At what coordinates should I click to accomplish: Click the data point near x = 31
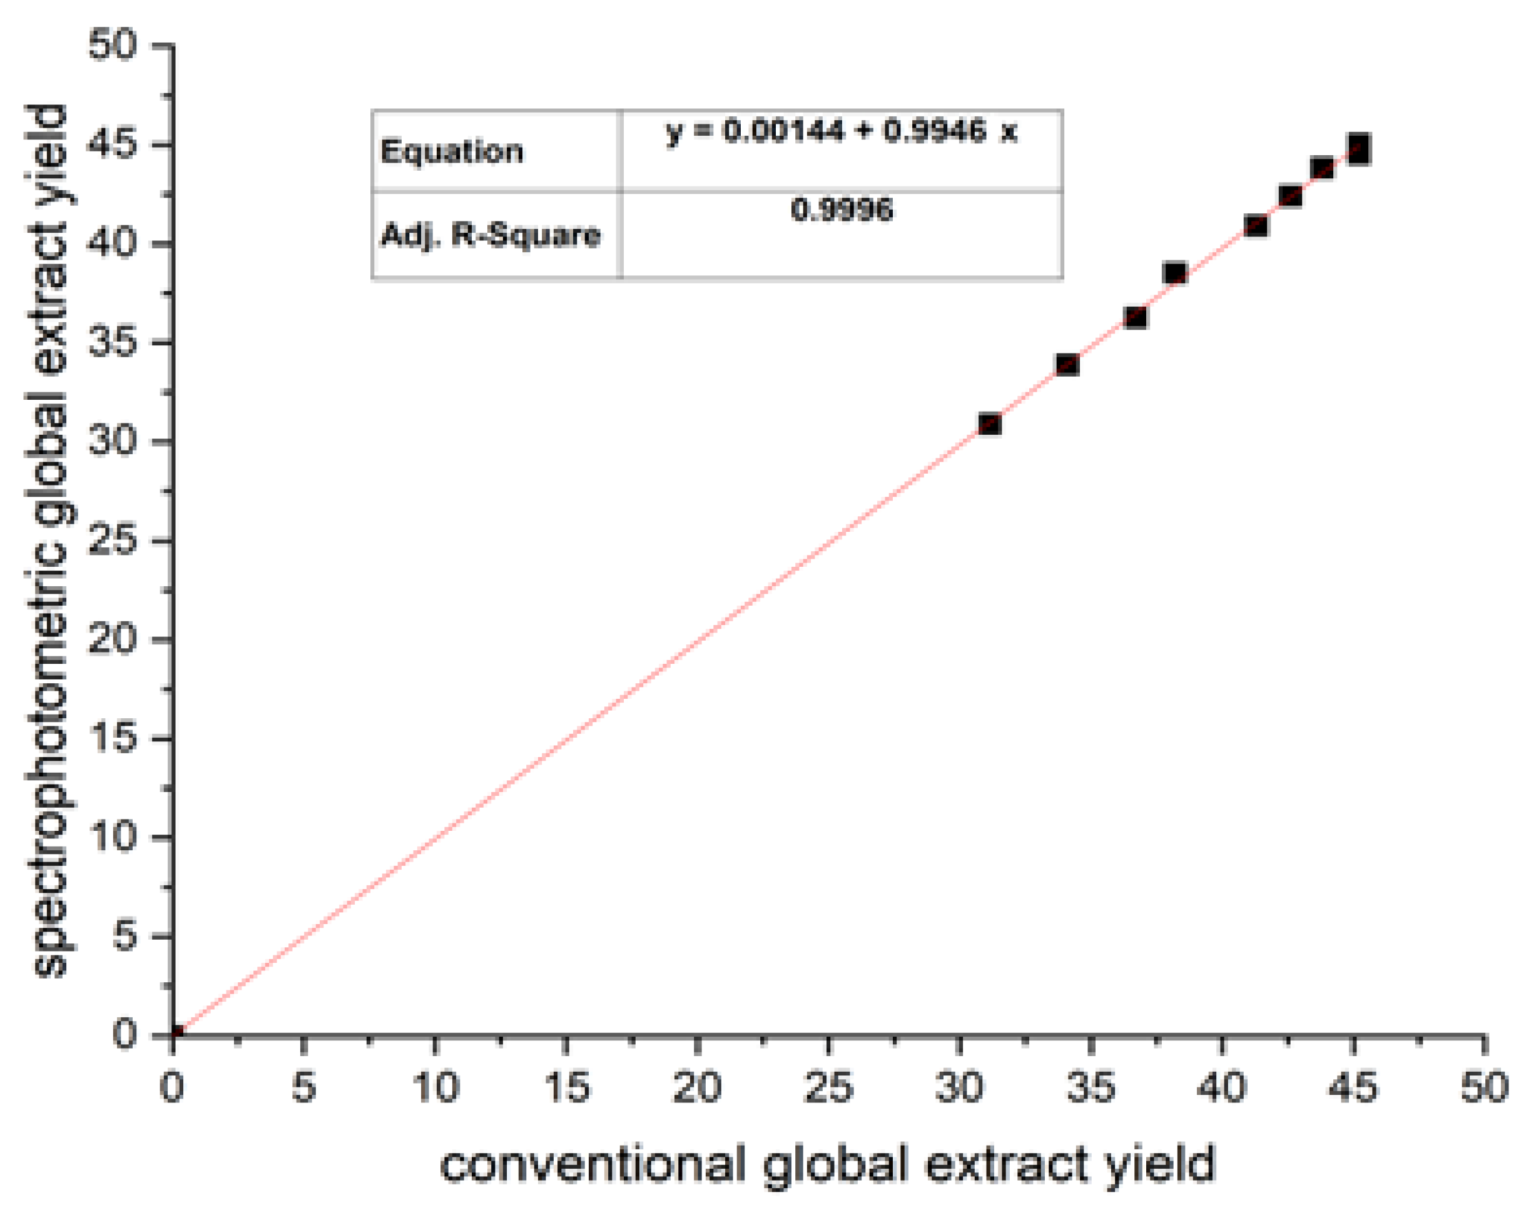point(989,424)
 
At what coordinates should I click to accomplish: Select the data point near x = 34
point(1067,365)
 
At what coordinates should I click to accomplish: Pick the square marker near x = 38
point(1174,273)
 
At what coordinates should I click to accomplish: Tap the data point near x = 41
point(1256,226)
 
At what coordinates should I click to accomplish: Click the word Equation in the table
point(452,151)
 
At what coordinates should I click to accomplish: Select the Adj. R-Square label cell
point(491,235)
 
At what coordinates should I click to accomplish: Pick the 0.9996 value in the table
point(841,210)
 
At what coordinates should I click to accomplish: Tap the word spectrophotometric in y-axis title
point(49,708)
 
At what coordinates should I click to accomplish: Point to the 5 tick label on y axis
point(123,937)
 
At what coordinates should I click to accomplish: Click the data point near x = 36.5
point(1135,317)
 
